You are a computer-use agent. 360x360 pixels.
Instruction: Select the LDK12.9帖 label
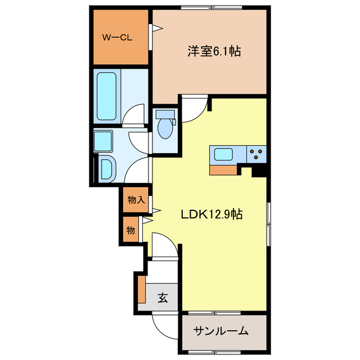pyautogui.click(x=211, y=214)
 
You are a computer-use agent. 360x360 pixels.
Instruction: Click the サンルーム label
pyautogui.click(x=221, y=331)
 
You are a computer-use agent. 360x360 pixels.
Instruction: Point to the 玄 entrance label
pyautogui.click(x=162, y=298)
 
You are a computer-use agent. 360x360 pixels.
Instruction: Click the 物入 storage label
pyautogui.click(x=136, y=200)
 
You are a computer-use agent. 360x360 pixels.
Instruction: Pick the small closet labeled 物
pyautogui.click(x=130, y=230)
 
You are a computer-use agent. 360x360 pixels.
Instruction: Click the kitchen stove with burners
pyautogui.click(x=255, y=154)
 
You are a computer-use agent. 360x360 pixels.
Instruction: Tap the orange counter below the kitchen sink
pyautogui.click(x=224, y=168)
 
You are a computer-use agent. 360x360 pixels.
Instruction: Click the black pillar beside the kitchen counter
pyautogui.click(x=259, y=171)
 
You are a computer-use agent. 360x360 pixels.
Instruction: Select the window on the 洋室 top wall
pyautogui.click(x=212, y=7)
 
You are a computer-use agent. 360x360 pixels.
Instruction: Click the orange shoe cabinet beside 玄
pyautogui.click(x=142, y=289)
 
